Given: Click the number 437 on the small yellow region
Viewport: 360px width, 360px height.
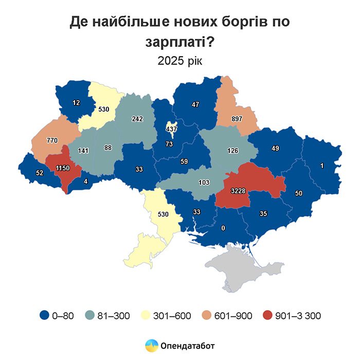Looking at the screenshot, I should point(171,128).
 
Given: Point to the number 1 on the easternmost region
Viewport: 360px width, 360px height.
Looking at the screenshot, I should point(321,165).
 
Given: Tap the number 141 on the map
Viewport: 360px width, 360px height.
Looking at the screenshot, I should point(83,151).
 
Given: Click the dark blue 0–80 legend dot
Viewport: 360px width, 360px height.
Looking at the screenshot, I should point(45,315).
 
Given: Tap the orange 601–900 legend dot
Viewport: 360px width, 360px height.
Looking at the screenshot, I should point(208,315).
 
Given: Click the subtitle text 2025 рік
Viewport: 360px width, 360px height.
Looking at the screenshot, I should point(180,61).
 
